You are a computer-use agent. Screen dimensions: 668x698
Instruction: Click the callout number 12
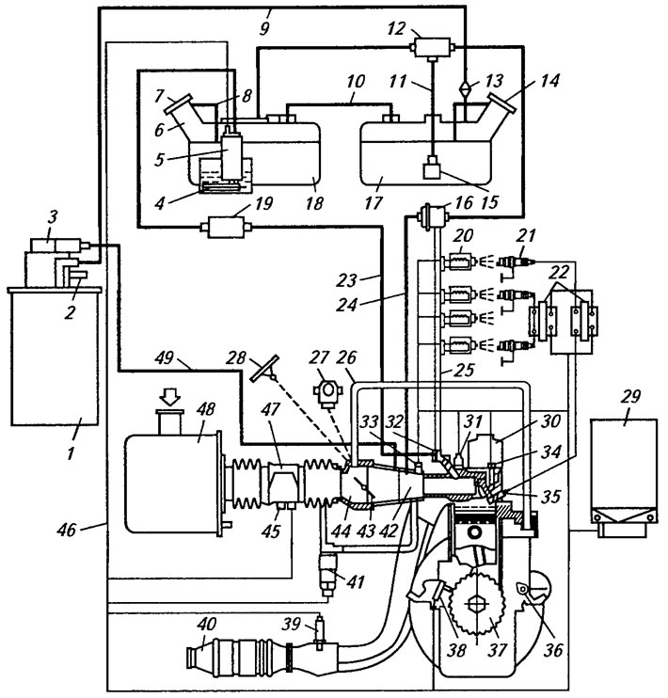pyautogui.click(x=397, y=28)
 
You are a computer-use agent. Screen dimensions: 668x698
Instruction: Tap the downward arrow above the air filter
pyautogui.click(x=170, y=396)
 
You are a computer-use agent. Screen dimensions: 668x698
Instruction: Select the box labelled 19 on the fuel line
pyautogui.click(x=226, y=227)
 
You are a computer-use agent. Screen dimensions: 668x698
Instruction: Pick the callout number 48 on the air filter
pyautogui.click(x=206, y=409)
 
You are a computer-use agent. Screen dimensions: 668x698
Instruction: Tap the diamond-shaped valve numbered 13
pyautogui.click(x=466, y=87)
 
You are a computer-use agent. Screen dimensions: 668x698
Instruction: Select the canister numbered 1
pyautogui.click(x=55, y=357)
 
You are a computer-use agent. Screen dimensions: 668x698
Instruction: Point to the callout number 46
pyautogui.click(x=66, y=530)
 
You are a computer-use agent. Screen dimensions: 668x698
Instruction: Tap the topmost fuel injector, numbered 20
pyautogui.click(x=459, y=262)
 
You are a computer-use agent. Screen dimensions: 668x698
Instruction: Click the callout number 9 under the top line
pyautogui.click(x=264, y=29)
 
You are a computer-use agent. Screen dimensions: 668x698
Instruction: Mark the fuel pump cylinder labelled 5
pyautogui.click(x=231, y=154)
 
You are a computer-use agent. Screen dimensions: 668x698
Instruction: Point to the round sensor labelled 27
pyautogui.click(x=328, y=392)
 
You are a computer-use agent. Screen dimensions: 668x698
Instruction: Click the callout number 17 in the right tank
pyautogui.click(x=374, y=203)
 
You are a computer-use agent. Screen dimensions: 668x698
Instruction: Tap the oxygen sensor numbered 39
pyautogui.click(x=319, y=631)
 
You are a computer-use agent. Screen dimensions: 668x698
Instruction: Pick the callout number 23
pyautogui.click(x=346, y=280)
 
